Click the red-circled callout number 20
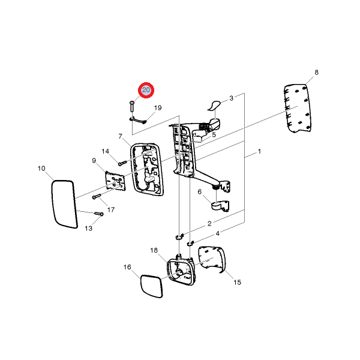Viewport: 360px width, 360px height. coord(146,90)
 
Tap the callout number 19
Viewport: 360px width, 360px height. coord(158,107)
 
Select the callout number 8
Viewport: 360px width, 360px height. coord(316,73)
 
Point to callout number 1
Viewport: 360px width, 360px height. coord(259,152)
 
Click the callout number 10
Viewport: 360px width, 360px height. coord(41,169)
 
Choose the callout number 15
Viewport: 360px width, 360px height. coord(238,282)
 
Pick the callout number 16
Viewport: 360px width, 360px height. coord(127,267)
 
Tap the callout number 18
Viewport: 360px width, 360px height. coord(154,250)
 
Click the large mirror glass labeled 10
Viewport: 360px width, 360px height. coord(64,204)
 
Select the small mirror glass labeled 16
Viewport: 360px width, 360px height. coord(152,286)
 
